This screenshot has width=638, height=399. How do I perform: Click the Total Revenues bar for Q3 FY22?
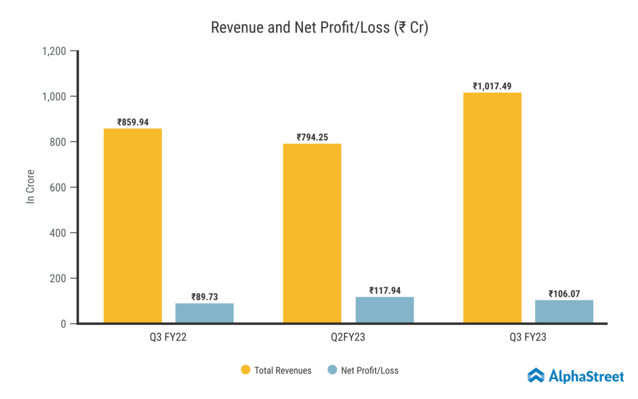point(132,226)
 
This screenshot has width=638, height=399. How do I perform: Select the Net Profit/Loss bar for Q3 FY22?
point(204,313)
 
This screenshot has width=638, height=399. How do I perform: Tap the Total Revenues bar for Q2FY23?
point(312,233)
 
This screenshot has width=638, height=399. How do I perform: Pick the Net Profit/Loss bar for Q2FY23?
point(384,310)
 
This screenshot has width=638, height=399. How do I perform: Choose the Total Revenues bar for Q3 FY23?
point(492,208)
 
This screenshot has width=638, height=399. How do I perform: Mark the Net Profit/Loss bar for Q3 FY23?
point(564,312)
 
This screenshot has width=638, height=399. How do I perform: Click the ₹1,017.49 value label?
point(492,86)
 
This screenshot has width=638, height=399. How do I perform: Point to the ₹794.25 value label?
point(312,137)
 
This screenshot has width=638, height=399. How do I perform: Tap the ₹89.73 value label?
point(204,297)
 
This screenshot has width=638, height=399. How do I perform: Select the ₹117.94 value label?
point(384,290)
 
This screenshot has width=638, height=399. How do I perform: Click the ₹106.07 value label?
point(564,294)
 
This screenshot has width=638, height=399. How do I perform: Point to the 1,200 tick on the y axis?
point(54,51)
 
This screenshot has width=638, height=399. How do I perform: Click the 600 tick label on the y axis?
point(59,188)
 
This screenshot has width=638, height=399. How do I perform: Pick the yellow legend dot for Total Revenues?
point(245,370)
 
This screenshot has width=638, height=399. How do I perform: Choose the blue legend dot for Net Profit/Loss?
point(332,370)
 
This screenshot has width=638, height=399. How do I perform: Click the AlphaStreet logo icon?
point(536,375)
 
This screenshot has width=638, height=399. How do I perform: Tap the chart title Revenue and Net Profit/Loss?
point(319,28)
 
